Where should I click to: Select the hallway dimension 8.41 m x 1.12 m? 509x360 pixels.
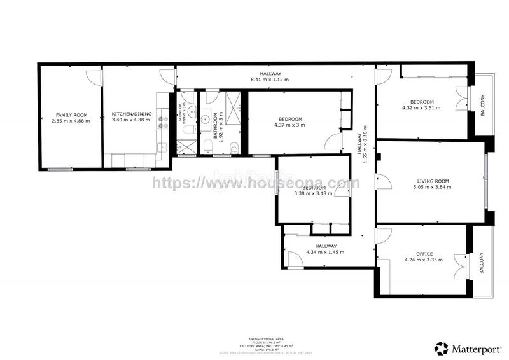270,80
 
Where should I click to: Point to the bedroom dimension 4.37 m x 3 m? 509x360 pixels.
290,125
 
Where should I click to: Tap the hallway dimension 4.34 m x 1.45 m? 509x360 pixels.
325,252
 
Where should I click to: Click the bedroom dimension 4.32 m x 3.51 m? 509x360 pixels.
421,108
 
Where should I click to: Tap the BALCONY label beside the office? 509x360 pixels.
482,264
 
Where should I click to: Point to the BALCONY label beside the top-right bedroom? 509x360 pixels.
482,105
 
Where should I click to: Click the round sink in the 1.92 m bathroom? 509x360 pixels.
206,119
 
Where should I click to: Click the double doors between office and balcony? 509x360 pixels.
459,265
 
